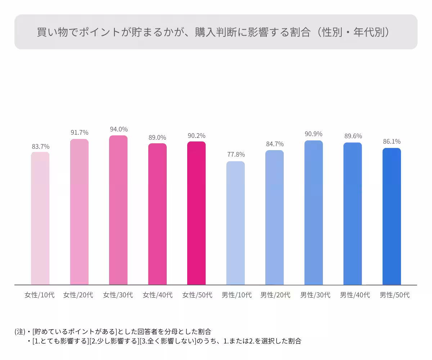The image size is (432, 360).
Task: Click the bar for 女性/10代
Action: [40, 218]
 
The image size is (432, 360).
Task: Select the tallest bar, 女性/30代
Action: [118, 210]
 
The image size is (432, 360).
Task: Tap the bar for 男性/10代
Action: [235, 223]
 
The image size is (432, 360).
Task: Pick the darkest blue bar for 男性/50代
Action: [391, 216]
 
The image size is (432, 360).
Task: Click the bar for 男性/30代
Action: [314, 212]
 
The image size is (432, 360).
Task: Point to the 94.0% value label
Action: [118, 129]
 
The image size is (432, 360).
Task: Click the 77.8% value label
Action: [236, 154]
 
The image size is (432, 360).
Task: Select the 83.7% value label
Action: [40, 147]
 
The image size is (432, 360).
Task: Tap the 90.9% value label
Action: [314, 134]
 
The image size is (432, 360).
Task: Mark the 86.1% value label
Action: [392, 141]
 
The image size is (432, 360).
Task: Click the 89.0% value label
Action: [157, 138]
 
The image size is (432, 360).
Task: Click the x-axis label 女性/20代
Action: [78, 295]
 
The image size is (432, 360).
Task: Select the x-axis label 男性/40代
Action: [355, 295]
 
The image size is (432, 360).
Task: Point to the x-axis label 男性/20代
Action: [275, 295]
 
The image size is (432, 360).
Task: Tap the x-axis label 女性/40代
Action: [157, 295]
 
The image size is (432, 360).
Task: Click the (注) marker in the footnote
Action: [20, 331]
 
